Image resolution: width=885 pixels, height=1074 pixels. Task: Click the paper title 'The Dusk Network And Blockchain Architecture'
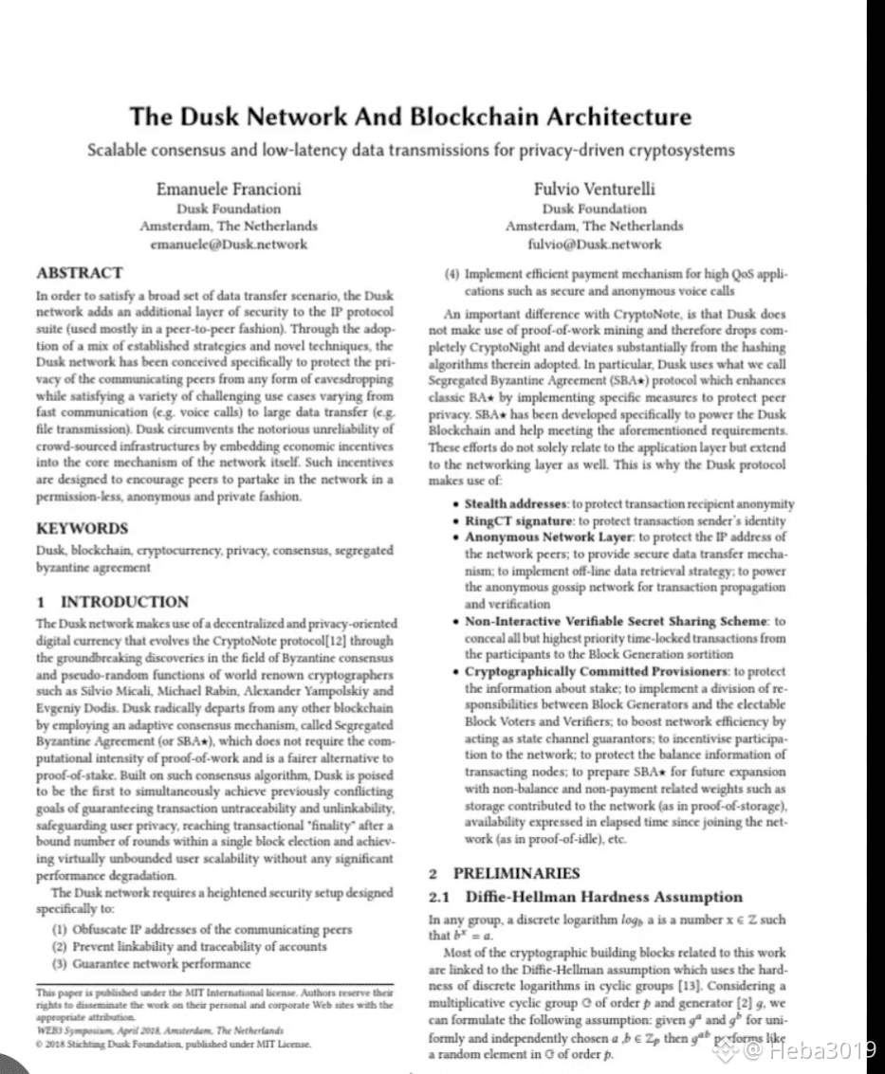tap(410, 118)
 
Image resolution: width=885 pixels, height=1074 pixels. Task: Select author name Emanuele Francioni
tap(229, 189)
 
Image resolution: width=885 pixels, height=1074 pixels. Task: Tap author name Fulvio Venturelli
tap(594, 189)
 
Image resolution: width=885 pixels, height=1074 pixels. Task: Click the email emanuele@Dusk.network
tap(229, 244)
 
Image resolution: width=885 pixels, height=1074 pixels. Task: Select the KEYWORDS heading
tap(82, 528)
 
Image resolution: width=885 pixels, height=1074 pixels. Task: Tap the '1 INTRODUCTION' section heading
tap(112, 602)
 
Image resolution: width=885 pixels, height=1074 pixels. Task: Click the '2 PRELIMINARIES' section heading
tap(504, 873)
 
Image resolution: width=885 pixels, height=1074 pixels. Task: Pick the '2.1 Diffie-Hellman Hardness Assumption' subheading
tap(586, 897)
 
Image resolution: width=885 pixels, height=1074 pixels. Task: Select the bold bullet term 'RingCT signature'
tap(519, 520)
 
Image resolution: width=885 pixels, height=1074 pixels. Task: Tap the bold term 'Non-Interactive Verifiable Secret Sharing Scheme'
tap(615, 621)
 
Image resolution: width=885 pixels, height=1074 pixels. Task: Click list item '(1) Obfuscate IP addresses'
tap(201, 930)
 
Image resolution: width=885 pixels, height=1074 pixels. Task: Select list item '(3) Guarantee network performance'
tap(152, 963)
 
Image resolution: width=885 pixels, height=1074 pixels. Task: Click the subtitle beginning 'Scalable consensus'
tap(410, 150)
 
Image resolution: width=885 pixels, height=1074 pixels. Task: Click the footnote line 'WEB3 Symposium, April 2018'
tap(159, 1029)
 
